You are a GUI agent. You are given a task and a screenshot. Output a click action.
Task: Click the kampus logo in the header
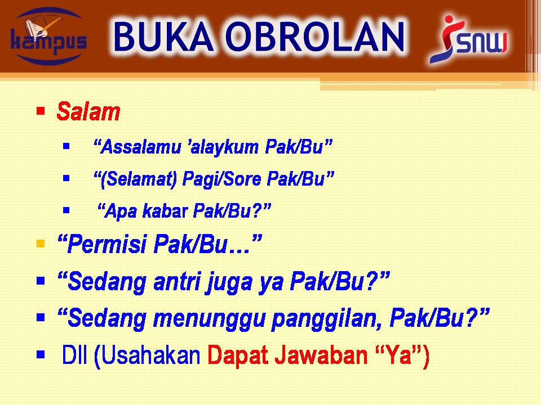pos(48,37)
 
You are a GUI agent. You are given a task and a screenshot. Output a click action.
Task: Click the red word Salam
pos(88,111)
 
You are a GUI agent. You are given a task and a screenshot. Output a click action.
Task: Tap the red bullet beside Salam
pos(41,111)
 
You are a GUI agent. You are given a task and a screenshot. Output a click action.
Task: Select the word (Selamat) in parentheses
pos(138,179)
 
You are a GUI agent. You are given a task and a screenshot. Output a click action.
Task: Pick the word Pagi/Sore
pos(221,179)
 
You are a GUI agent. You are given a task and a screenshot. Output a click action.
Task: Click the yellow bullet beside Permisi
pos(41,244)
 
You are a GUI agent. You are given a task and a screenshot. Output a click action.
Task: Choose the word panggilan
pos(327,319)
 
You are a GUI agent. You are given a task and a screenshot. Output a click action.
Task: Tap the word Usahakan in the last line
pos(150,355)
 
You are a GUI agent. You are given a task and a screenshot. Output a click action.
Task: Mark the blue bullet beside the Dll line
pos(41,354)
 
